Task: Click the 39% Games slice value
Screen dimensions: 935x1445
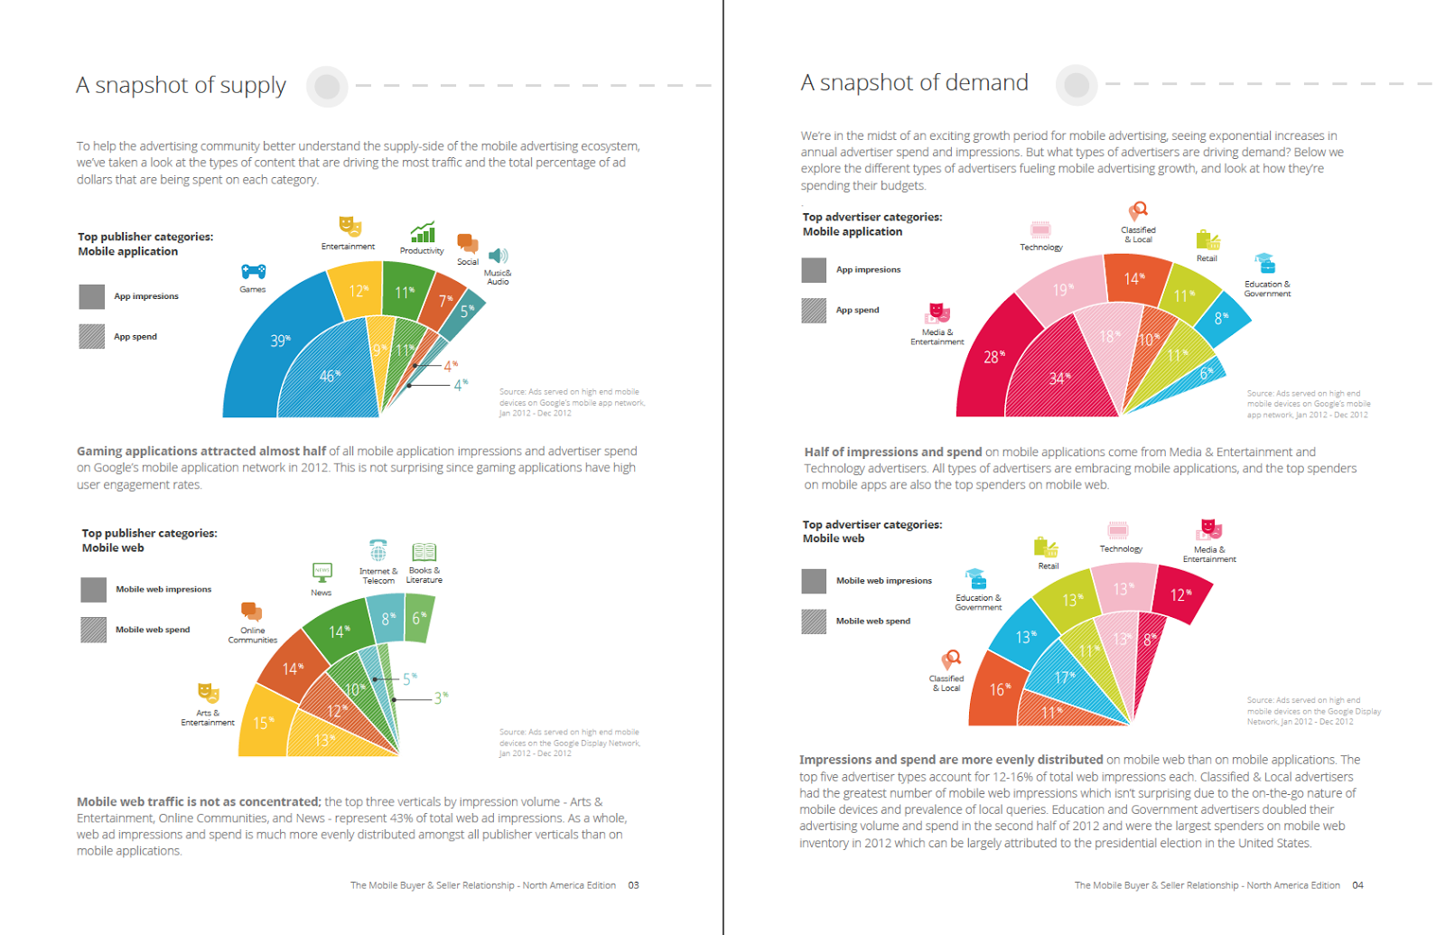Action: [279, 341]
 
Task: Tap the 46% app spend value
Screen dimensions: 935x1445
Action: [329, 375]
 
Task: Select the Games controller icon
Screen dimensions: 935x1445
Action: [253, 271]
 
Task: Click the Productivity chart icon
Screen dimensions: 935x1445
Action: [423, 232]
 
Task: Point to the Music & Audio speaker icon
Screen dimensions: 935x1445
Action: [498, 257]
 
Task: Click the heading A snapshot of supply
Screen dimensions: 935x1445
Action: [181, 85]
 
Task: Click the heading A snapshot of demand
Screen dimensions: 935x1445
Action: [914, 83]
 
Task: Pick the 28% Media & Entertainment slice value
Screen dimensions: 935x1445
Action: [993, 357]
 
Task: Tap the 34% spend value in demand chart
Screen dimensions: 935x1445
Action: [1058, 378]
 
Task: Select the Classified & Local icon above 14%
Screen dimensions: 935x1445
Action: [1139, 211]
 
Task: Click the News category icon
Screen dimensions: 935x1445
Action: [322, 572]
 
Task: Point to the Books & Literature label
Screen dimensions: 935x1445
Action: [424, 575]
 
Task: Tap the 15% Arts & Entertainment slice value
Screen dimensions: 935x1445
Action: [263, 723]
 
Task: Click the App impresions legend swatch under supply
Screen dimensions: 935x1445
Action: [91, 296]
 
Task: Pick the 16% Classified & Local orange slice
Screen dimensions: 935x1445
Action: [998, 689]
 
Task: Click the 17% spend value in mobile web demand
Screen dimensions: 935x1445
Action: [1064, 678]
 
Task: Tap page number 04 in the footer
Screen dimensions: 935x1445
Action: [1357, 885]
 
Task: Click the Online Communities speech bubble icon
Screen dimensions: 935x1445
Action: [251, 612]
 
